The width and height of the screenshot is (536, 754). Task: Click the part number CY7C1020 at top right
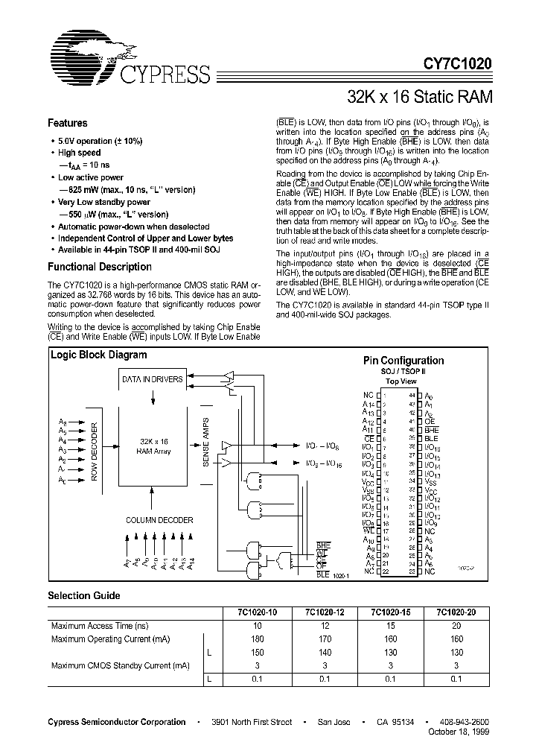457,65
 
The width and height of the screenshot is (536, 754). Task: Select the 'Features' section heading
68,124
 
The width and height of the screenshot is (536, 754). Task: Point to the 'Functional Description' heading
100,267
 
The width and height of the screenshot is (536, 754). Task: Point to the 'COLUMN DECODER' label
159,520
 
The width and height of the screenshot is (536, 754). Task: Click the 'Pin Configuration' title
404,361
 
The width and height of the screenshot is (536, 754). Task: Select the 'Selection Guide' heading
84,596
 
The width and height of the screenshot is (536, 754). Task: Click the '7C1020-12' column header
324,613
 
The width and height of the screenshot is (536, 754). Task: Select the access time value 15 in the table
390,627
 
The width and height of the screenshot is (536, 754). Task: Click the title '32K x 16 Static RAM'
420,96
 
